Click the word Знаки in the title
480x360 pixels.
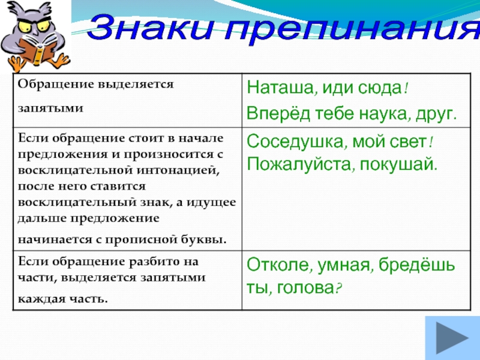pyautogui.click(x=151, y=27)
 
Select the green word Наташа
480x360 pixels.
pyautogui.click(x=280, y=88)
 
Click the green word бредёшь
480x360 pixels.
pyautogui.click(x=416, y=265)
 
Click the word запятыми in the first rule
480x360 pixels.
pyautogui.click(x=50, y=109)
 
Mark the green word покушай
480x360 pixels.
pyautogui.click(x=398, y=164)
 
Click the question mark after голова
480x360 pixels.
pyautogui.click(x=338, y=288)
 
